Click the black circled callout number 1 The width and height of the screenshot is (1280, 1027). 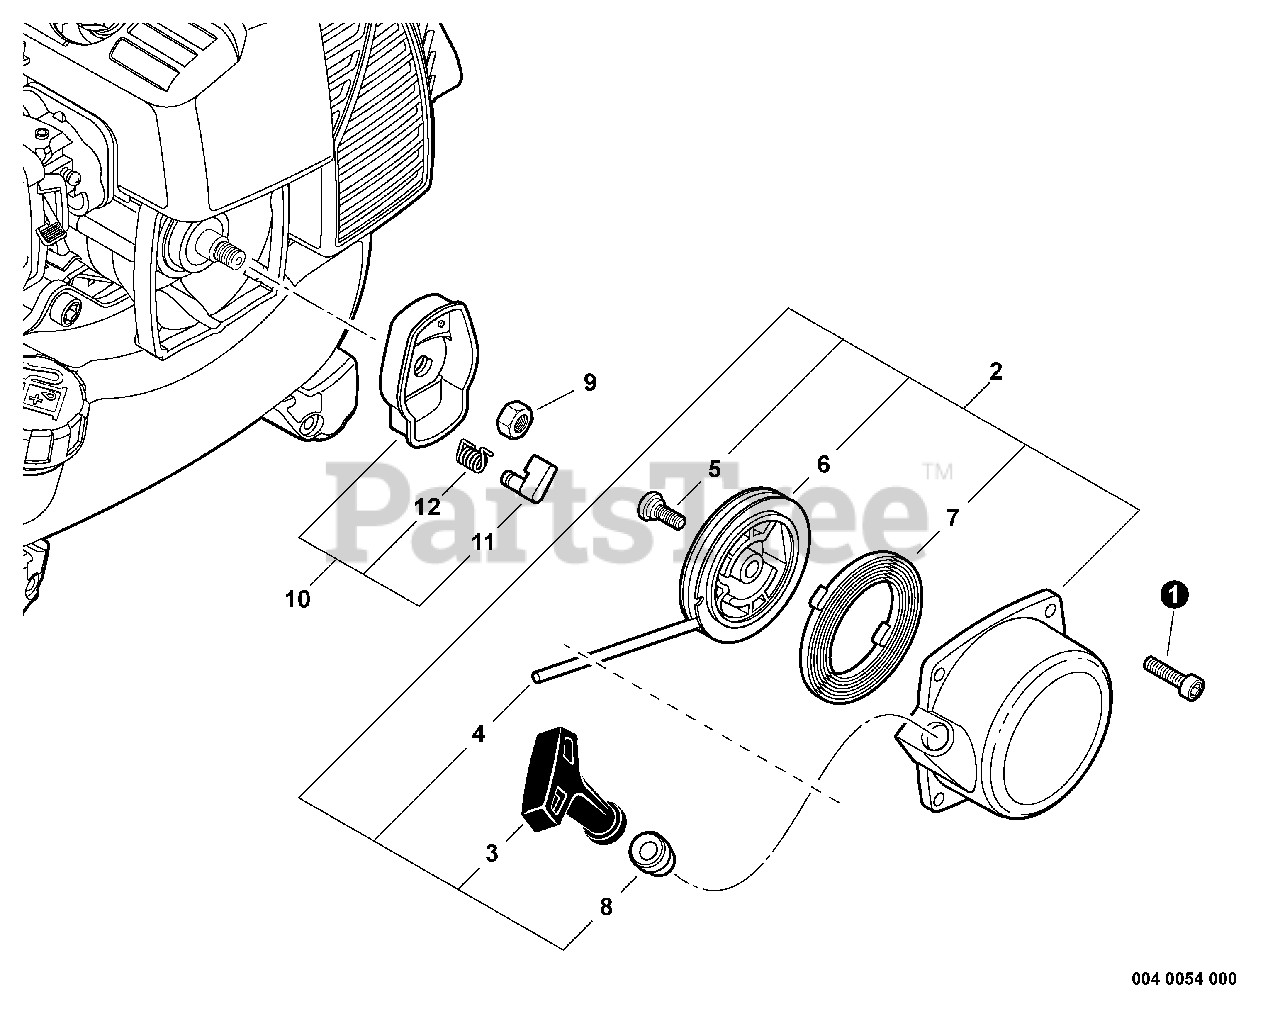1174,595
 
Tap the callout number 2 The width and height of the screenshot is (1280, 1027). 995,372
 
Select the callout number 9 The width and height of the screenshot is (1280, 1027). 589,382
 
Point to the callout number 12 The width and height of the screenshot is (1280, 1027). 427,507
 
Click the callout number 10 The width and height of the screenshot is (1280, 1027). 297,599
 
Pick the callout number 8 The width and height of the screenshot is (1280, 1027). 607,908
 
